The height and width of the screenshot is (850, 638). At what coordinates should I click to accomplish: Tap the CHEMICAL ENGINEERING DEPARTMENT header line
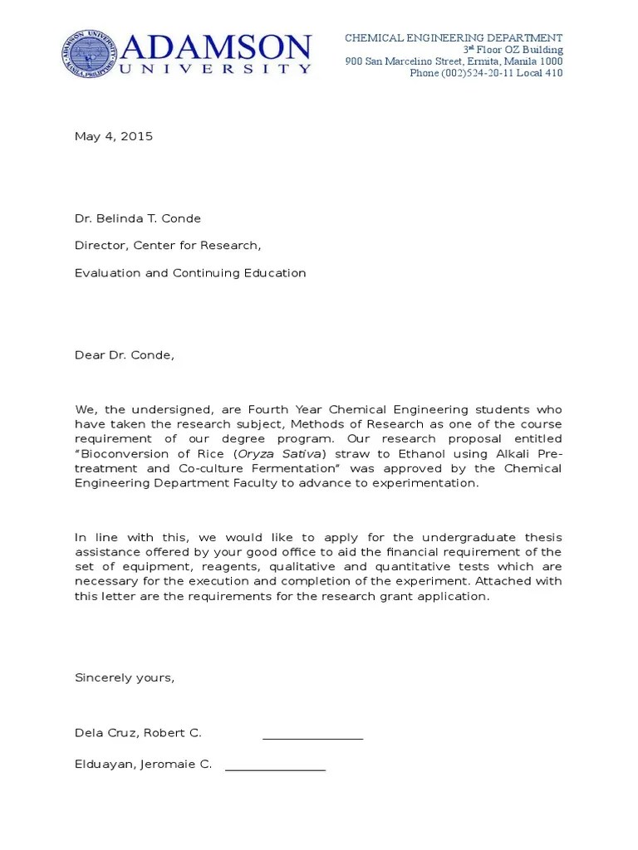pyautogui.click(x=454, y=38)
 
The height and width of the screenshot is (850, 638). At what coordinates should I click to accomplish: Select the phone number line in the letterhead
pyautogui.click(x=486, y=73)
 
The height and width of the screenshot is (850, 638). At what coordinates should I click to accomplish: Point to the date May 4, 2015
pyautogui.click(x=114, y=137)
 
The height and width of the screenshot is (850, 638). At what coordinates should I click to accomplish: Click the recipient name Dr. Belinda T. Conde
pyautogui.click(x=138, y=219)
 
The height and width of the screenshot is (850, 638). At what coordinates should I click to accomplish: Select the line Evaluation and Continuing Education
pyautogui.click(x=190, y=273)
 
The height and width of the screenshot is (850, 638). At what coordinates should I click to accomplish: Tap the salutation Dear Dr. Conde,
pyautogui.click(x=125, y=355)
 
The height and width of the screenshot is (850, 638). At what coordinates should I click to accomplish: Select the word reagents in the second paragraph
pyautogui.click(x=217, y=567)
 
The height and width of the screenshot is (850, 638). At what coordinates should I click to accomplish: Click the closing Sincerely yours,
pyautogui.click(x=125, y=677)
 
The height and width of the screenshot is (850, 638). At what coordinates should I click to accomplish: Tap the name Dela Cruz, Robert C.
pyautogui.click(x=138, y=733)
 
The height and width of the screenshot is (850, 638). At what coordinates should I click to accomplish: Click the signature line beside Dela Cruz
pyautogui.click(x=312, y=737)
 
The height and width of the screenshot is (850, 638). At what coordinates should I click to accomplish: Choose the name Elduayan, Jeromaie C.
pyautogui.click(x=143, y=765)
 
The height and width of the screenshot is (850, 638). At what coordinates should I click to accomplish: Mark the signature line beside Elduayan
pyautogui.click(x=275, y=769)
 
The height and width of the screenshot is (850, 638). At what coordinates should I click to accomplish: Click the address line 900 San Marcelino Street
pyautogui.click(x=454, y=61)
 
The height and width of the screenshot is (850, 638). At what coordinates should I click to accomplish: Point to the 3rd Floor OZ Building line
pyautogui.click(x=513, y=50)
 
